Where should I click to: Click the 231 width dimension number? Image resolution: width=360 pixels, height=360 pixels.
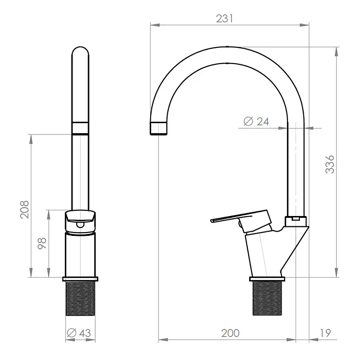pos(225,18)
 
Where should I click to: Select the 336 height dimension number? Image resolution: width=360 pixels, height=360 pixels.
pos(330,164)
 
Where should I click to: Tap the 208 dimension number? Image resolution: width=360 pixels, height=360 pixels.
pos(25,209)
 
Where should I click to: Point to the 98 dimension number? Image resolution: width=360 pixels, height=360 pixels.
pos(42,243)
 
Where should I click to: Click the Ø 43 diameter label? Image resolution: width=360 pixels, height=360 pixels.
pos(79,333)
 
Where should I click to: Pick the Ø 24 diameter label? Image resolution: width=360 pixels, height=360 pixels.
pos(256,121)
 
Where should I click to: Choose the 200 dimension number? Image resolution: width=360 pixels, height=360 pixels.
pos(230,333)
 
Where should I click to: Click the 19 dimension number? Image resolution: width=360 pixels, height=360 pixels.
pos(325,333)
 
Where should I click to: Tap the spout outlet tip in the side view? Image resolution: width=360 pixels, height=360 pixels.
pos(158,128)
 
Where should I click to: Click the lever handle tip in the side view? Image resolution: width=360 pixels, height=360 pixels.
pos(211,221)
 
